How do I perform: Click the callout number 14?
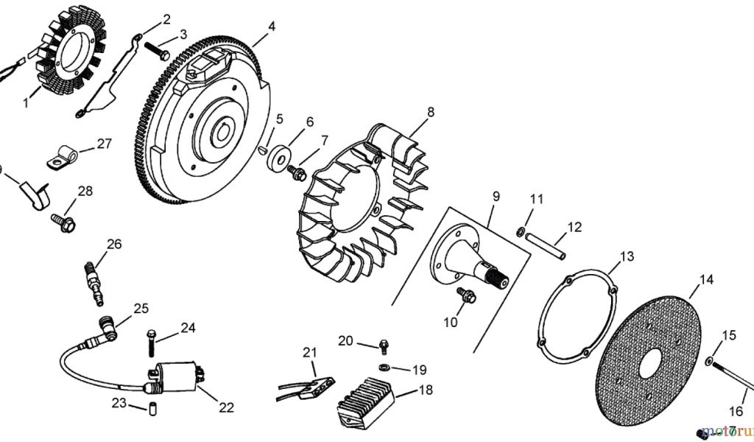pos(706,280)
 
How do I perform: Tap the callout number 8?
pos(431,112)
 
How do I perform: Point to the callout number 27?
pos(104,144)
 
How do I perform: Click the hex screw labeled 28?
pos(62,220)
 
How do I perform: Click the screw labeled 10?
pos(466,295)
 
